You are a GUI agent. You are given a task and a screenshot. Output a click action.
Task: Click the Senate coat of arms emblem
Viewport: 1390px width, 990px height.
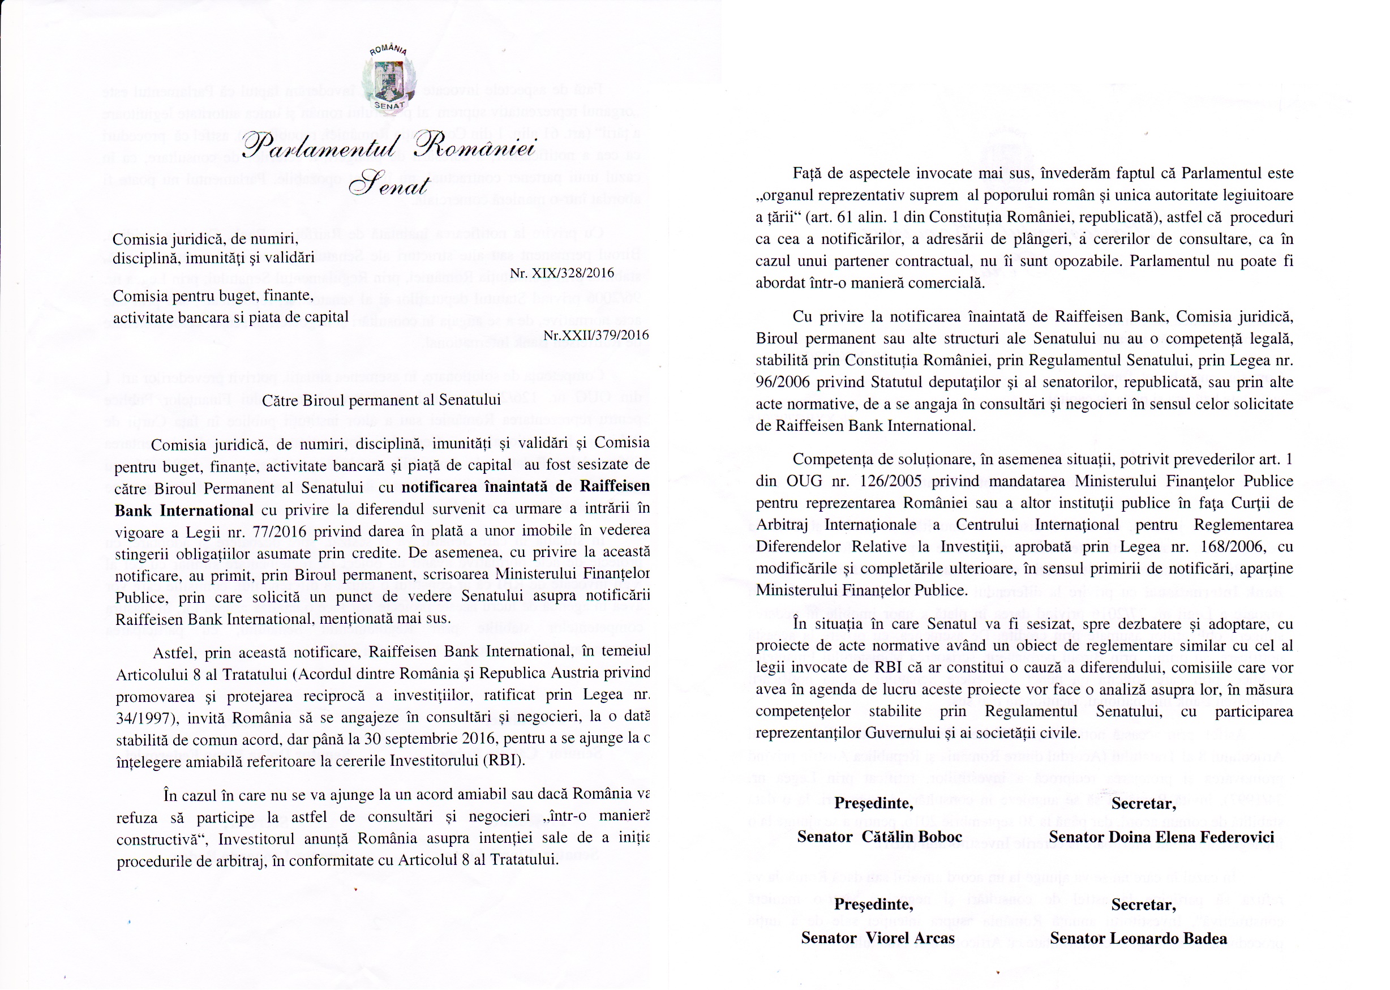tap(389, 79)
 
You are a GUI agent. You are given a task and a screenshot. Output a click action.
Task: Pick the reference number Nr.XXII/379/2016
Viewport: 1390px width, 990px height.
tap(596, 335)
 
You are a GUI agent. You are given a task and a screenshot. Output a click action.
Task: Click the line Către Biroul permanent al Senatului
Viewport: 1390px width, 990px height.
tap(381, 401)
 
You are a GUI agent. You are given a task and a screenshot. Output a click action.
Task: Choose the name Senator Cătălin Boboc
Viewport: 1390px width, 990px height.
tap(880, 837)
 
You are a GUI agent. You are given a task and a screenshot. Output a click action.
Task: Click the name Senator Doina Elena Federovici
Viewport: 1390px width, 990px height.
tap(1161, 837)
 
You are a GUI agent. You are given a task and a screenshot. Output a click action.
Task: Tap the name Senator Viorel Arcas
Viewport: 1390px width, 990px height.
tap(877, 938)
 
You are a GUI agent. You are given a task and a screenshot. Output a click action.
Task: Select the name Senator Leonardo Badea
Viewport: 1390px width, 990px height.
tap(1138, 938)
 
